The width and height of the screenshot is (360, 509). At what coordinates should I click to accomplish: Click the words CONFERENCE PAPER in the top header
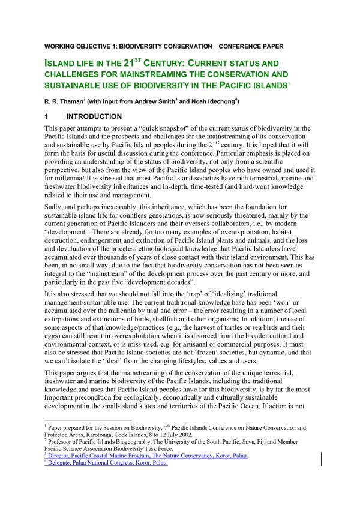(x=251, y=46)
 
